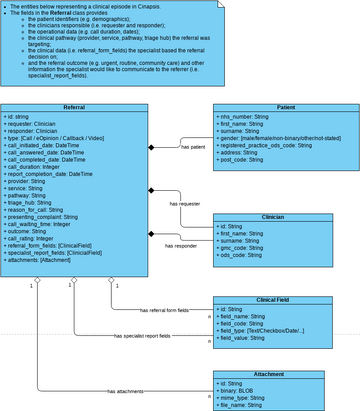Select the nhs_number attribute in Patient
[x=251, y=117]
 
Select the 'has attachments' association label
[x=124, y=391]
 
